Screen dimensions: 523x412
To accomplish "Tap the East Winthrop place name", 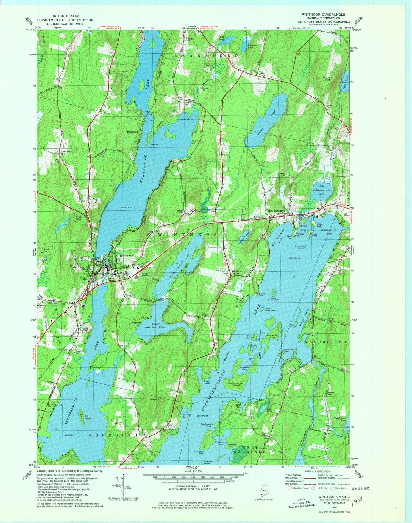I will [276, 211].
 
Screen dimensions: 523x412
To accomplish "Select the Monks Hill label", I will [327, 79].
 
